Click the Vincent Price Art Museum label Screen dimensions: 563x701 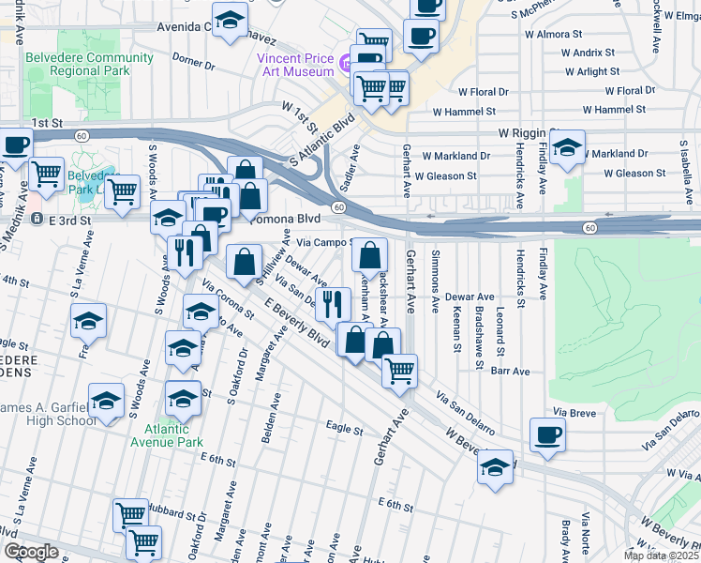pos(295,65)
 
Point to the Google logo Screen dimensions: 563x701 pos(30,552)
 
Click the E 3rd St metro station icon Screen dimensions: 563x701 pos(37,219)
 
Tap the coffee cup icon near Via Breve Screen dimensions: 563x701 pos(547,434)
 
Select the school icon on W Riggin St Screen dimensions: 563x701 pos(567,146)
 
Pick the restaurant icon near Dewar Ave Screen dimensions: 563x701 pos(329,302)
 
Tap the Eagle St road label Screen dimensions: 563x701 pos(344,429)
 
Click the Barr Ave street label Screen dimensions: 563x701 pos(511,372)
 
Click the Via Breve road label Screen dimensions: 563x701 pos(574,412)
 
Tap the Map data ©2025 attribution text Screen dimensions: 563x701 pos(660,555)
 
